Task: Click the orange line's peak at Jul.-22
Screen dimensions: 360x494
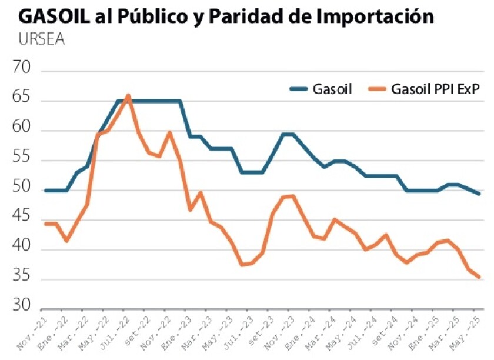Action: [128, 95]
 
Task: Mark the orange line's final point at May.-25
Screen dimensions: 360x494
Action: [480, 277]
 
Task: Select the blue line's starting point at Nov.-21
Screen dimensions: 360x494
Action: [46, 190]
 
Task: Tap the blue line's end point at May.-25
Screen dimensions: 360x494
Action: [480, 194]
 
